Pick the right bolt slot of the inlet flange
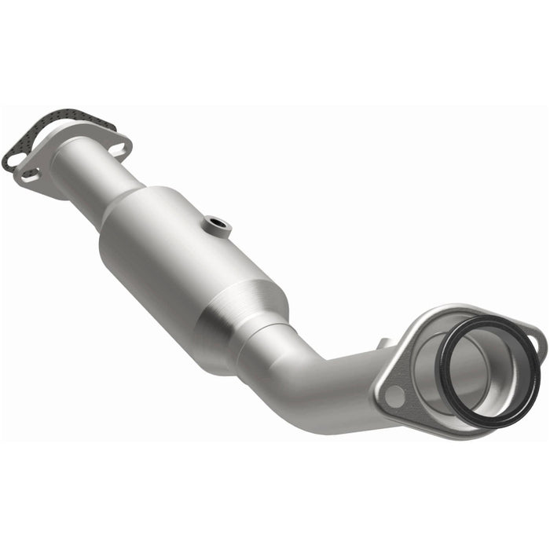tap(118, 147)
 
